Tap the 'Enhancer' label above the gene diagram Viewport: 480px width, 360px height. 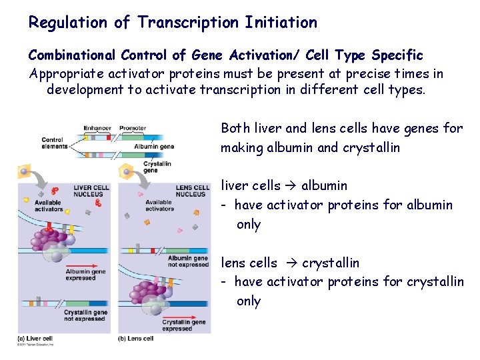tap(97, 128)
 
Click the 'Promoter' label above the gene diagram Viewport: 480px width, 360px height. tap(133, 128)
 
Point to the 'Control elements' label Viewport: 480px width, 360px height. tap(54, 143)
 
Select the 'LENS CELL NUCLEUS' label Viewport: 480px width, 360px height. tap(191, 191)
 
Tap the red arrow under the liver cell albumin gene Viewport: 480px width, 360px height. tap(83, 270)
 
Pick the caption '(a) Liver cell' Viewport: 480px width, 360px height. tap(35, 339)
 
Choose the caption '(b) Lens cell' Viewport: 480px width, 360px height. tap(136, 339)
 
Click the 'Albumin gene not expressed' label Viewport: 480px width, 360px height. tap(188, 261)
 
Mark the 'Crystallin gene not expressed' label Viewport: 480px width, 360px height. tap(85, 315)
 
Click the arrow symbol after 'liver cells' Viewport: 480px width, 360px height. tap(291, 186)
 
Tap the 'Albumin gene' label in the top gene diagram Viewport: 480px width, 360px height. tap(154, 147)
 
